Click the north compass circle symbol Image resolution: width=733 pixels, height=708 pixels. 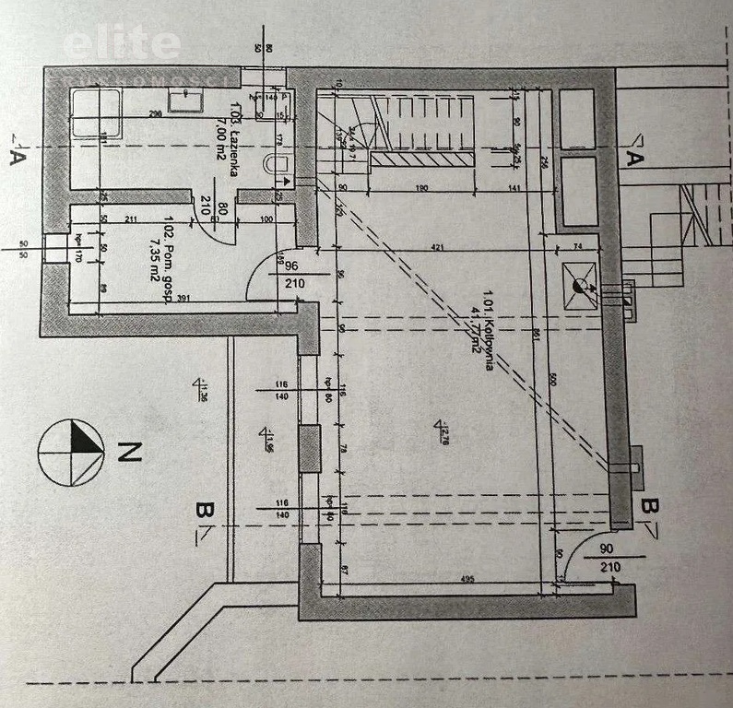click(x=71, y=453)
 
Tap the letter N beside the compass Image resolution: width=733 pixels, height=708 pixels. click(x=131, y=452)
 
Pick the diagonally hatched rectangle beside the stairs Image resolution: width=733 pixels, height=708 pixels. click(x=424, y=159)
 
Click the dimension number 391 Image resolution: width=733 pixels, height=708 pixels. click(x=184, y=298)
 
